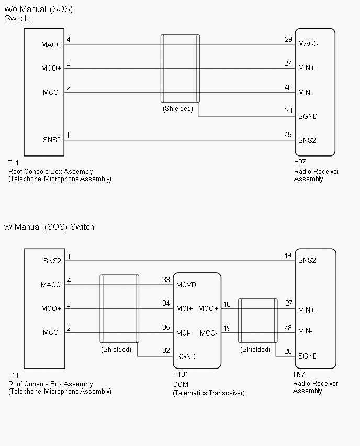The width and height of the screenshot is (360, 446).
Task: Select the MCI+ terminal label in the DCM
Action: (184, 308)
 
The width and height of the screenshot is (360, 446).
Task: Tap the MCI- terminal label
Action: (183, 333)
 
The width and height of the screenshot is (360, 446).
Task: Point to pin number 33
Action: (166, 280)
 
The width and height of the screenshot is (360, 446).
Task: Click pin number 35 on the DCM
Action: (166, 328)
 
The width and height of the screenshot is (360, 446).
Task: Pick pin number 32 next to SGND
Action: (166, 351)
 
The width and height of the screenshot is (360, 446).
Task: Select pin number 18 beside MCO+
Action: (227, 304)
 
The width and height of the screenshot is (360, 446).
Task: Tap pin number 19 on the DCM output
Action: (227, 328)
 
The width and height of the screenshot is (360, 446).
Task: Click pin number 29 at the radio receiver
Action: (288, 40)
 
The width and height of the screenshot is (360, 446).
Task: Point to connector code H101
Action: (181, 375)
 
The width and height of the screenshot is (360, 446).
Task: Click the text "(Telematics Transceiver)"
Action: (209, 393)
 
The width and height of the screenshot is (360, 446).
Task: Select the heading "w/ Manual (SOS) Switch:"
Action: (50, 227)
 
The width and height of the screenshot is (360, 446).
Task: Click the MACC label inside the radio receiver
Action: (308, 44)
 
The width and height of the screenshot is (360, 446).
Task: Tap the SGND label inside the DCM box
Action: (186, 356)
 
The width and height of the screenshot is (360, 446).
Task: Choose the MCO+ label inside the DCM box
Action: (208, 308)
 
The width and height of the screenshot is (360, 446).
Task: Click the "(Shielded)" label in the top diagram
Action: (177, 109)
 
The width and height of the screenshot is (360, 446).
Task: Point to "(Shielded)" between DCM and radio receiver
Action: (255, 350)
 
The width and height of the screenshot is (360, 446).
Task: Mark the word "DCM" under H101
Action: (181, 384)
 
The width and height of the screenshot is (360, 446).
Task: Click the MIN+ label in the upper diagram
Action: (307, 68)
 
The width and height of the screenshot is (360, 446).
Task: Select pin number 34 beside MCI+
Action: (166, 304)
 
